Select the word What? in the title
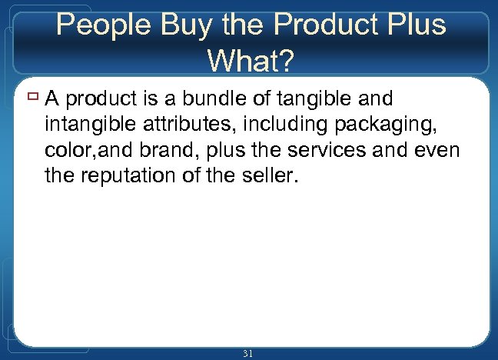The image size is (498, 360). pos(250,60)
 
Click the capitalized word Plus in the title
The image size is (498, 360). pos(413,25)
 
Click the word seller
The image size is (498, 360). pos(265,176)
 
